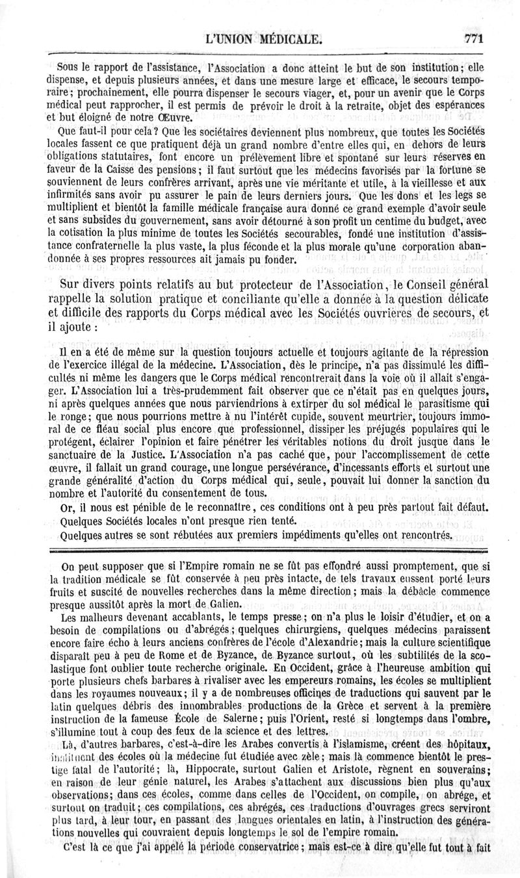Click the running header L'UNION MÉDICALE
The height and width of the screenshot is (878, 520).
point(263,40)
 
